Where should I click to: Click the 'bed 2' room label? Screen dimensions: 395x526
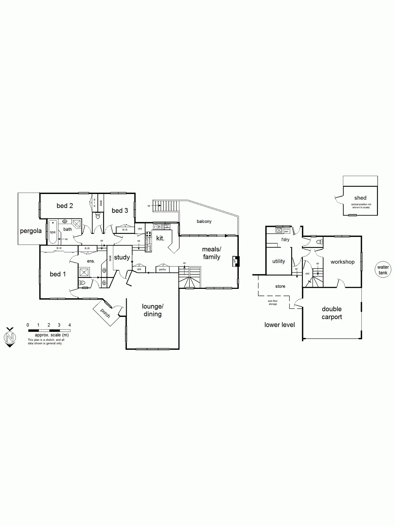pyautogui.click(x=65, y=206)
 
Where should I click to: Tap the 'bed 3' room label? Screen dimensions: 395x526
pyautogui.click(x=120, y=211)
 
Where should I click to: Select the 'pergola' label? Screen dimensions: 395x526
pyautogui.click(x=31, y=231)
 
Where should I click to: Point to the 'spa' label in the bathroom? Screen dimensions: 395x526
pyautogui.click(x=53, y=232)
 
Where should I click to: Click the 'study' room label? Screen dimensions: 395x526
pyautogui.click(x=122, y=258)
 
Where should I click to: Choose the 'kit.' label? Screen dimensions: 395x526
pyautogui.click(x=160, y=238)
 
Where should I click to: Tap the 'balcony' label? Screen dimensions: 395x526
pyautogui.click(x=204, y=221)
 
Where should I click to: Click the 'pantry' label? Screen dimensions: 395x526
pyautogui.click(x=162, y=270)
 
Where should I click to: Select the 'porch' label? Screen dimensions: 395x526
pyautogui.click(x=105, y=313)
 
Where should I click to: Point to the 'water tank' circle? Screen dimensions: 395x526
pyautogui.click(x=383, y=270)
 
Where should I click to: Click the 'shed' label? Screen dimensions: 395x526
pyautogui.click(x=360, y=198)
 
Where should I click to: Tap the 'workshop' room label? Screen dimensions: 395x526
pyautogui.click(x=342, y=262)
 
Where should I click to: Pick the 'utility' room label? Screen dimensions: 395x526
pyautogui.click(x=279, y=261)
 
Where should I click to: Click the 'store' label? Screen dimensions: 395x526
pyautogui.click(x=280, y=286)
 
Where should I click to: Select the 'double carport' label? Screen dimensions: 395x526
pyautogui.click(x=332, y=313)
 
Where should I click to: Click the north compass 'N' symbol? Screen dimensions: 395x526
pyautogui.click(x=10, y=337)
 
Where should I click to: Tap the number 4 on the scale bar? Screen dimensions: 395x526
pyautogui.click(x=70, y=325)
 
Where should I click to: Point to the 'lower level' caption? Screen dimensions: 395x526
pyautogui.click(x=279, y=325)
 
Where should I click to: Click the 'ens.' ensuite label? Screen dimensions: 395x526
pyautogui.click(x=91, y=261)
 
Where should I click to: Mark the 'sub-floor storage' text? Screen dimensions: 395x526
pyautogui.click(x=273, y=303)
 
